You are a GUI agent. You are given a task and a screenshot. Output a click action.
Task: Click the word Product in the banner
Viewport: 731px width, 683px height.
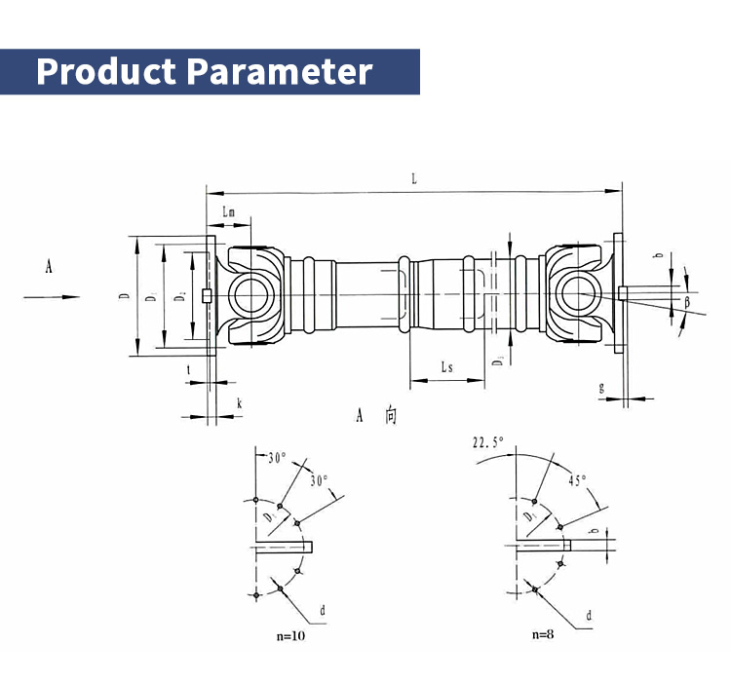[106, 72]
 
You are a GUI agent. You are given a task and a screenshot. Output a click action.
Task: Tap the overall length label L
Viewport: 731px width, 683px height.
[414, 179]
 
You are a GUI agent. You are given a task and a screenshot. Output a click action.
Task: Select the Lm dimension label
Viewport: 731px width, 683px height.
[228, 211]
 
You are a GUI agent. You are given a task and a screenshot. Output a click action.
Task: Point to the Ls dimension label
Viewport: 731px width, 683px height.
[446, 367]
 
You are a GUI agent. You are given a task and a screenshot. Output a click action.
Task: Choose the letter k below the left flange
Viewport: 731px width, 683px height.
[238, 402]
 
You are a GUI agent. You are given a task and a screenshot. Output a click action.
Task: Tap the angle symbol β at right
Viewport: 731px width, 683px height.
[686, 302]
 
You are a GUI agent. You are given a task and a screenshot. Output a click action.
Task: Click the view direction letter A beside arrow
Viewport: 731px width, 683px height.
[49, 266]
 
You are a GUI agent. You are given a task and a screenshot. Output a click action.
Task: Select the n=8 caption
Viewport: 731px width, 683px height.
[543, 634]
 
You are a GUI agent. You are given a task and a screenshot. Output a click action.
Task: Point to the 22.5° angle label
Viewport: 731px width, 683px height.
[488, 442]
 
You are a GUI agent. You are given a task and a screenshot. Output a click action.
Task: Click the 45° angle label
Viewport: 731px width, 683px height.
[578, 480]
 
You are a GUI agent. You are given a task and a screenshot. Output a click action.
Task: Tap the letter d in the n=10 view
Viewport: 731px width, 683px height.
[323, 611]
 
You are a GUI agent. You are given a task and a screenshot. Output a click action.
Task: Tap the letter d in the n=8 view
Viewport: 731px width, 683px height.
[589, 616]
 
